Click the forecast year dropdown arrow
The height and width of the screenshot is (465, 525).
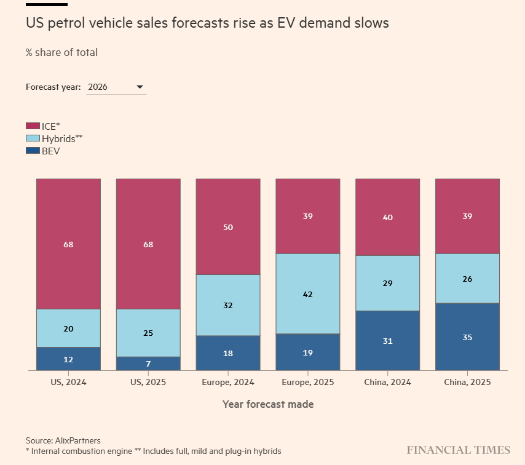[x=140, y=87]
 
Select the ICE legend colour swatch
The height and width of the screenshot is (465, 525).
[x=33, y=125]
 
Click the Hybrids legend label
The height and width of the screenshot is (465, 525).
[x=61, y=138]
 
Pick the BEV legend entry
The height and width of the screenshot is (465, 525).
[x=50, y=151]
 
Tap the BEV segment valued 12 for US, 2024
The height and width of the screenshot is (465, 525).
[x=68, y=359]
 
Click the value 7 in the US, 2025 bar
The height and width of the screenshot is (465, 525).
[x=148, y=364]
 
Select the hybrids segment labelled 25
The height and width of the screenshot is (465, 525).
[x=148, y=333]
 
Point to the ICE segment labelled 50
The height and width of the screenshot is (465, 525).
[x=228, y=227]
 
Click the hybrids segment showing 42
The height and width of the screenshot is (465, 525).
[x=307, y=294]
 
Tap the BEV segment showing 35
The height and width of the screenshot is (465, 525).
[x=467, y=337]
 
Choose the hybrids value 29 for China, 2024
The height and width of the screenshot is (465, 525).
[x=387, y=283]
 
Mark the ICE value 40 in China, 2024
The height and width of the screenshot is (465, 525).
[x=387, y=217]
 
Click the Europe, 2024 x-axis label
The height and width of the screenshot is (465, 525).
[x=228, y=382]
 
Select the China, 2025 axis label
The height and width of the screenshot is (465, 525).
[x=467, y=382]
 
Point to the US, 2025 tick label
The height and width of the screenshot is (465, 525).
[x=148, y=382]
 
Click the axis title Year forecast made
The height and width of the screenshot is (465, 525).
[x=268, y=404]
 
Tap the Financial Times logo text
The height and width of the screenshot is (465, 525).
[x=458, y=450]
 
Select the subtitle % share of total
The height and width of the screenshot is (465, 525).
[x=61, y=52]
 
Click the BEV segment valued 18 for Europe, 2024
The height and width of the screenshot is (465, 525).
[x=228, y=353]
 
